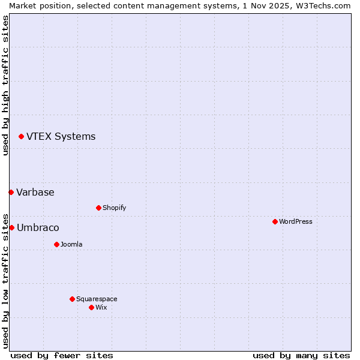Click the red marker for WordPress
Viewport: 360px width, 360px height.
point(275,221)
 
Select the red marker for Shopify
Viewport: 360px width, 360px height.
point(98,208)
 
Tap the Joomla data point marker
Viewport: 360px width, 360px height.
point(56,244)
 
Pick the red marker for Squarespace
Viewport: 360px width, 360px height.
point(72,299)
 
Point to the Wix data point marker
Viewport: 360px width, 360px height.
point(91,307)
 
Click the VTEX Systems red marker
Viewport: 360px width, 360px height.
point(21,137)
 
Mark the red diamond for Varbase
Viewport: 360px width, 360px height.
point(11,192)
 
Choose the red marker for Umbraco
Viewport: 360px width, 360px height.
point(11,227)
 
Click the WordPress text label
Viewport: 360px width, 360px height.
point(296,221)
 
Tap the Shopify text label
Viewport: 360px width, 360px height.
point(115,208)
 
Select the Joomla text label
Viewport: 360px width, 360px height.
point(71,244)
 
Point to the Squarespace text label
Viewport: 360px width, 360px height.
point(97,299)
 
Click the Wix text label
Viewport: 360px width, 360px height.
point(101,307)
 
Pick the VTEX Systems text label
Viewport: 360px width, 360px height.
point(61,136)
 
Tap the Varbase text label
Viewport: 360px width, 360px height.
point(35,192)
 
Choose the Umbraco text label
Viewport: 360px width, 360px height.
point(38,227)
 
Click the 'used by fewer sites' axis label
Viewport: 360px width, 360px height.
point(62,355)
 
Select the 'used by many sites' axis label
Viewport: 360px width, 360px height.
point(301,355)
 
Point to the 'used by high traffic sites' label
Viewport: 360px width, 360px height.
point(6,85)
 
